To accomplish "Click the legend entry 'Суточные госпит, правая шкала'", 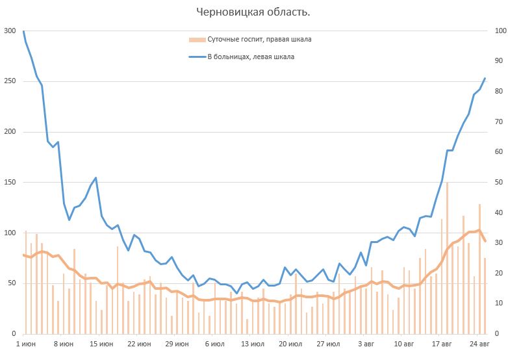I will click(x=259, y=40).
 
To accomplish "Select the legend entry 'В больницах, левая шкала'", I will click(x=250, y=57).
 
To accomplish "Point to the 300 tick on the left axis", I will click(x=10, y=31).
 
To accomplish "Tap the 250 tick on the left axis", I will click(x=10, y=82).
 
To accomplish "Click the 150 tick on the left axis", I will click(x=10, y=183).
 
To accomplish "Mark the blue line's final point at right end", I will click(x=485, y=79).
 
